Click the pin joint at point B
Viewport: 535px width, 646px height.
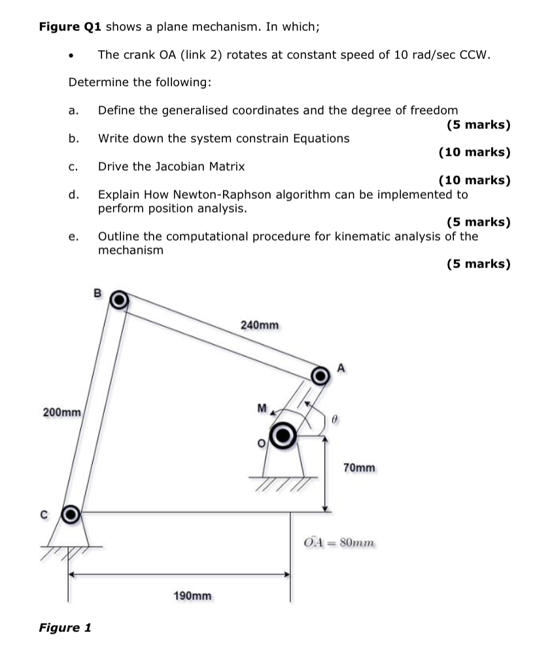118,299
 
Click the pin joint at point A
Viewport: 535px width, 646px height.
320,376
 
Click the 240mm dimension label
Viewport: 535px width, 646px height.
260,325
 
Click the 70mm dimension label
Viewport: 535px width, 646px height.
359,467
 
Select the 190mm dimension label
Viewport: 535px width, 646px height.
192,596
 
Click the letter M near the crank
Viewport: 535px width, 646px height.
262,409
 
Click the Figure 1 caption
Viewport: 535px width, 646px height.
65,628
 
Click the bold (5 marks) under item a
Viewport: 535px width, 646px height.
478,124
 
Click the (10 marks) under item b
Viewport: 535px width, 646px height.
474,152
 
